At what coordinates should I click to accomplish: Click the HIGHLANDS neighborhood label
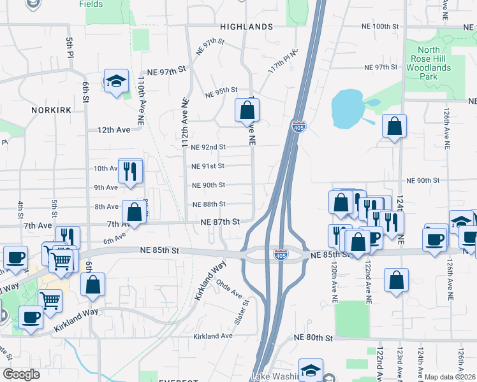(246, 27)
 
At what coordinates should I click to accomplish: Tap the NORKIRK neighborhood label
(50, 110)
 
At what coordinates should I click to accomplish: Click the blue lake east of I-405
(348, 109)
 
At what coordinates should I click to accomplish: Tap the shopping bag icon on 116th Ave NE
(247, 111)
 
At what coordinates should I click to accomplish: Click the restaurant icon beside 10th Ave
(130, 171)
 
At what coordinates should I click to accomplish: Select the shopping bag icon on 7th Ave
(135, 213)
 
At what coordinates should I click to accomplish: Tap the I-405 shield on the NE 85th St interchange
(281, 255)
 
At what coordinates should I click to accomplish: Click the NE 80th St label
(313, 337)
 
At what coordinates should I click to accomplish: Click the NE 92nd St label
(209, 146)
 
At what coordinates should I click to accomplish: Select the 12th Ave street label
(114, 129)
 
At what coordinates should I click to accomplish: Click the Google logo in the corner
(22, 374)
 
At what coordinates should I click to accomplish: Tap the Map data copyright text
(450, 377)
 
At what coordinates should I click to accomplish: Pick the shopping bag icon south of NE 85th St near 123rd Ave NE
(396, 281)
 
